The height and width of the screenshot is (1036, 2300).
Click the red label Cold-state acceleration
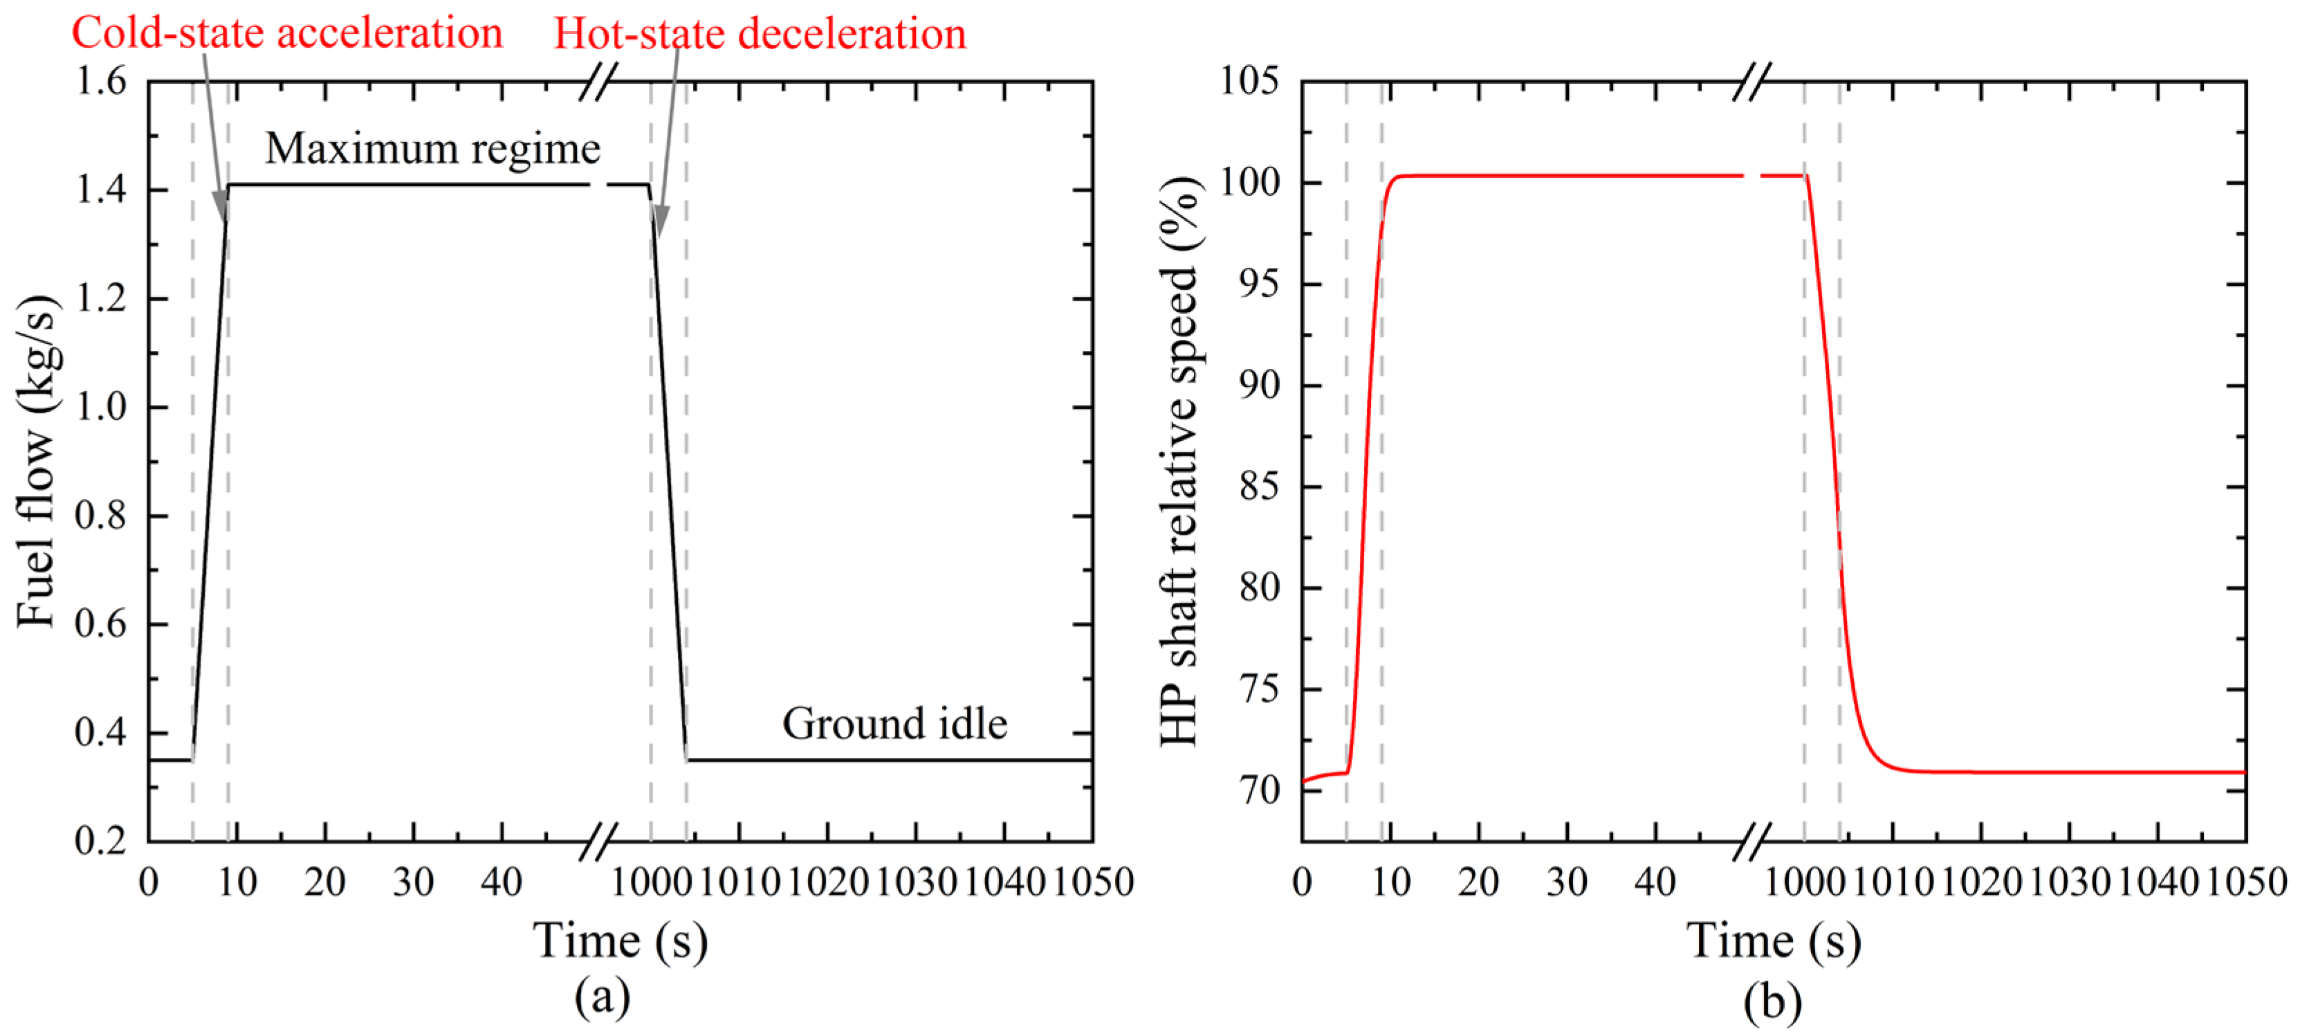click(x=286, y=33)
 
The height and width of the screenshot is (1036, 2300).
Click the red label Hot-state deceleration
click(x=760, y=34)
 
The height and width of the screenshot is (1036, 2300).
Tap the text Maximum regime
click(x=432, y=148)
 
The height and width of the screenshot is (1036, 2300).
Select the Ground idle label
click(x=894, y=723)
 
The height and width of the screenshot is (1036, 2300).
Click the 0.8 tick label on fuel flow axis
click(x=100, y=516)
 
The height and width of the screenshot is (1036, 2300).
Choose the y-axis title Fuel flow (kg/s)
click(x=37, y=460)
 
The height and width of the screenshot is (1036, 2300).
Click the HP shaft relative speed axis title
click(x=1180, y=460)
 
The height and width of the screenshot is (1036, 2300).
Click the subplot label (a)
click(x=602, y=997)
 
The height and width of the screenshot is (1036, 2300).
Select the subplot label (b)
click(x=1772, y=1000)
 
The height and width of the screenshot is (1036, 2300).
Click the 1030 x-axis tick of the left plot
click(x=916, y=882)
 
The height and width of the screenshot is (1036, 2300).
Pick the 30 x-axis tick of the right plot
click(x=1567, y=882)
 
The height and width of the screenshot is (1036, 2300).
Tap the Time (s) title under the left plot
click(x=620, y=941)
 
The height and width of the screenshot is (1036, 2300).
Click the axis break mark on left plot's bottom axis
click(x=598, y=842)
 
